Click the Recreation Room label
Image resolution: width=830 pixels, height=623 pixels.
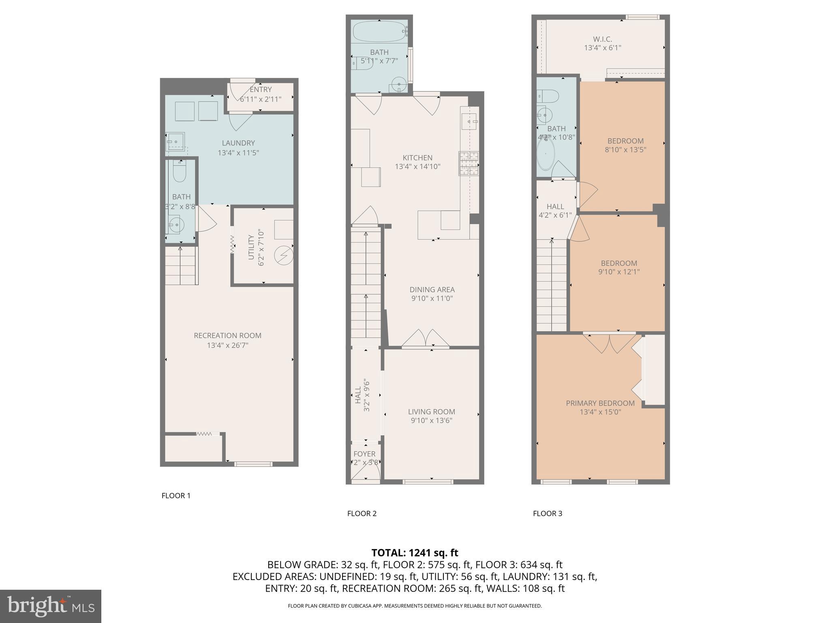(227, 335)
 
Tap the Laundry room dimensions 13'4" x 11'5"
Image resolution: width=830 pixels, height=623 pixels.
(238, 153)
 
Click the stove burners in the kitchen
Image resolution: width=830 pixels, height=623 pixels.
(468, 163)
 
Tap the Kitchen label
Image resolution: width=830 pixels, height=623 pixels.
(417, 158)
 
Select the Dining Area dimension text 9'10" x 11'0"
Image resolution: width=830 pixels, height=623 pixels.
(432, 299)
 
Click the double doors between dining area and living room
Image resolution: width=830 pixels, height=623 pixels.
(426, 339)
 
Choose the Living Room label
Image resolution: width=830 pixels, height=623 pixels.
(432, 412)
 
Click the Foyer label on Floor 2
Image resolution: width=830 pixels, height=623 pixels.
(364, 454)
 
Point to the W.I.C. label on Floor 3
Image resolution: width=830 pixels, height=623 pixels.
(602, 39)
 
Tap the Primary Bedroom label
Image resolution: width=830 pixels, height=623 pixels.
(600, 403)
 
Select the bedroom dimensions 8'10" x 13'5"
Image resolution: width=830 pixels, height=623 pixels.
(625, 150)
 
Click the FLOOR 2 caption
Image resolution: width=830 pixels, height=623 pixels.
(362, 513)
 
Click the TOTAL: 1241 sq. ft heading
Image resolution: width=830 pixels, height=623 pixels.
(415, 553)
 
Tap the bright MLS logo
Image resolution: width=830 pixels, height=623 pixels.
(51, 606)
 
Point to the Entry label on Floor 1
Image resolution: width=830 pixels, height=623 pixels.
(261, 90)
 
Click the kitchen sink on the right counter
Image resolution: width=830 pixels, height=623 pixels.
(469, 121)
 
